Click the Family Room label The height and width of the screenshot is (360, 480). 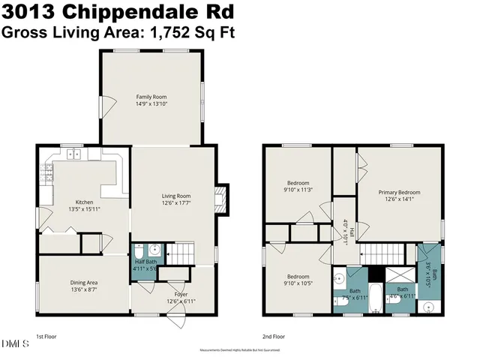pos(151,97)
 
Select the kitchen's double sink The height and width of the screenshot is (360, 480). pos(74,155)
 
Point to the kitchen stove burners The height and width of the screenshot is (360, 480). pos(47,177)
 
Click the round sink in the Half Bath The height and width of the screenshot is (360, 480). pos(154,251)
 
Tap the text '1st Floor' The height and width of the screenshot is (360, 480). pos(46,337)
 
